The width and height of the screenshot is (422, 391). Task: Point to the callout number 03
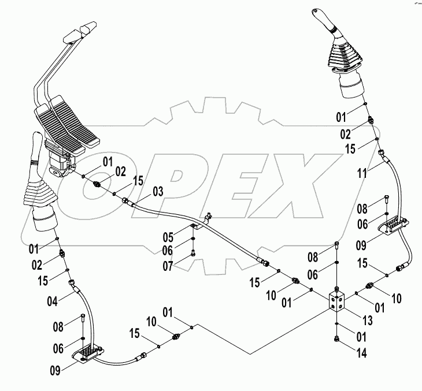pos(158,191)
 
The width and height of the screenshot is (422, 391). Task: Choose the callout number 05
pos(167,236)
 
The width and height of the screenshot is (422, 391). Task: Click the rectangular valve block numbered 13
pos(338,301)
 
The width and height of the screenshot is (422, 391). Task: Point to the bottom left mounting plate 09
pos(88,353)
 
